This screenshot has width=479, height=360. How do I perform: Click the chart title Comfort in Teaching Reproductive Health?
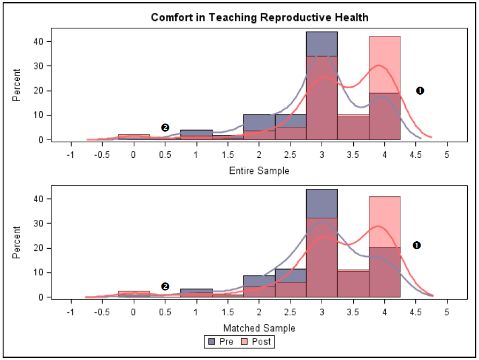coord(260,18)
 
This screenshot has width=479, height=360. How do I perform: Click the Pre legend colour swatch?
coord(211,341)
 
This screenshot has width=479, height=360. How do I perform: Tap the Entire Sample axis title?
coord(259,171)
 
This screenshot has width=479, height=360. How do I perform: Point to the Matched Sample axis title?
coord(259,328)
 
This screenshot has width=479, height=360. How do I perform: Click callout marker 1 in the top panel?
coord(420,91)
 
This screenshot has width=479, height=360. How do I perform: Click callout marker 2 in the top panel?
coord(165,127)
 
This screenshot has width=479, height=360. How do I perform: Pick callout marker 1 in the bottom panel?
coord(416,245)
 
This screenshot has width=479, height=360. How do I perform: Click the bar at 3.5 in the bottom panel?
coord(353,284)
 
